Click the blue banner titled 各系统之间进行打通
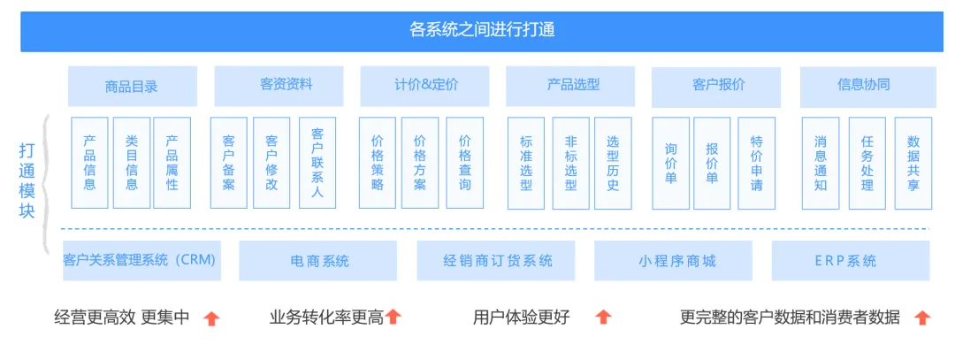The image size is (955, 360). pyautogui.click(x=482, y=31)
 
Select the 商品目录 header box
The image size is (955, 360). pyautogui.click(x=132, y=87)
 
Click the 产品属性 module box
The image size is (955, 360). pyautogui.click(x=172, y=163)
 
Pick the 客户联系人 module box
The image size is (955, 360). pyautogui.click(x=317, y=163)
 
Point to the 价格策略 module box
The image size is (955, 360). pyautogui.click(x=377, y=163)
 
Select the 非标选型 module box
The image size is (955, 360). pyautogui.click(x=570, y=163)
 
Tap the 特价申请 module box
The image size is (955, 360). pyautogui.click(x=756, y=163)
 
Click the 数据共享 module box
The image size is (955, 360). pyautogui.click(x=913, y=163)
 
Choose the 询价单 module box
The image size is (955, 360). pyautogui.click(x=670, y=163)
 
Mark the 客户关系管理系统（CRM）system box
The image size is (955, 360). pyautogui.click(x=141, y=261)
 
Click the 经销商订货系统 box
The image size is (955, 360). pyautogui.click(x=496, y=261)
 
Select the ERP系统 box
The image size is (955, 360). pyautogui.click(x=851, y=261)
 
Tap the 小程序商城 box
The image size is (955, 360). pyautogui.click(x=673, y=261)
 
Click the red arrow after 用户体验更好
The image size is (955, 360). pyautogui.click(x=603, y=317)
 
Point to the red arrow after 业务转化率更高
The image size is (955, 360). pyautogui.click(x=393, y=317)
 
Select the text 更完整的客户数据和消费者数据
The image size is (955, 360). pyautogui.click(x=790, y=318)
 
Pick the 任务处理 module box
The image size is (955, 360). pyautogui.click(x=867, y=163)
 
